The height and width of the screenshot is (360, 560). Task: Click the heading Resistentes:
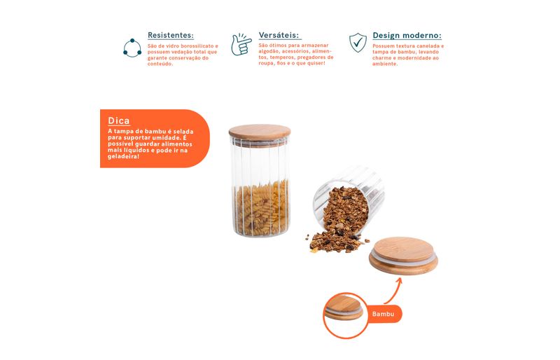(x=171, y=36)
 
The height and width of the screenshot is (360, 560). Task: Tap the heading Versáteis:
(x=279, y=35)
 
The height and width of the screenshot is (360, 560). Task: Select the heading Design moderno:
(x=407, y=36)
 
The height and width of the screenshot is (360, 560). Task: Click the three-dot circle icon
(x=132, y=48)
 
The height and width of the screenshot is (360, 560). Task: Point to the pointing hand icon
(x=241, y=44)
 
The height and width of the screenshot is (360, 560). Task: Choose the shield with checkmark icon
(x=358, y=42)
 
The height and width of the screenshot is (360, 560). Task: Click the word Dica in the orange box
(x=118, y=121)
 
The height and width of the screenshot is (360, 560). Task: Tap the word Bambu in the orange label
(x=383, y=314)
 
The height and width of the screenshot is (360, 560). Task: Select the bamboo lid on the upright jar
(x=260, y=132)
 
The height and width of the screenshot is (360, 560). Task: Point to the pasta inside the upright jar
(x=261, y=208)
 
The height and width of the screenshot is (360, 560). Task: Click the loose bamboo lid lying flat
(x=404, y=255)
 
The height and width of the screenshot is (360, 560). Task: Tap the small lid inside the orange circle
(x=344, y=308)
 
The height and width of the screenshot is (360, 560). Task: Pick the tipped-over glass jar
(x=348, y=200)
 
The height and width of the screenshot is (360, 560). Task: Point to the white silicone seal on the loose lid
(x=404, y=258)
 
